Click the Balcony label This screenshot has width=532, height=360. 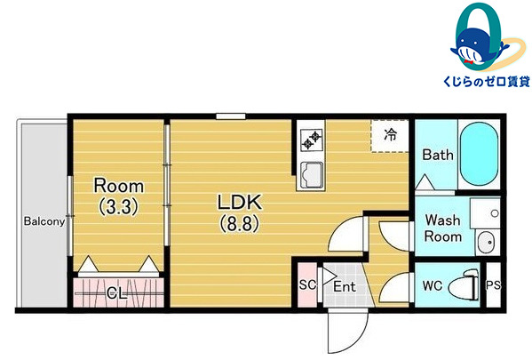(44, 221)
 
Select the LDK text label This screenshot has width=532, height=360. (240, 202)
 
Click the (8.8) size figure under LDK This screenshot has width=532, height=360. (240, 223)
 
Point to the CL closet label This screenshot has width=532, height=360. (117, 292)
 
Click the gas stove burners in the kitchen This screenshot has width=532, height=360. (312, 140)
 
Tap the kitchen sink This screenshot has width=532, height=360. (312, 175)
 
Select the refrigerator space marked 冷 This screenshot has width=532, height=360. (390, 135)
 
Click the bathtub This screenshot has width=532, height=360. (479, 154)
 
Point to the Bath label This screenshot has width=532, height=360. (438, 155)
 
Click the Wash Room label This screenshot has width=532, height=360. (443, 228)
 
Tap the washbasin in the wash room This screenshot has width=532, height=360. (487, 242)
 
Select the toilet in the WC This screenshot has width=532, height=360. (465, 285)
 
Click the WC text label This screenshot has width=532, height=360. (433, 285)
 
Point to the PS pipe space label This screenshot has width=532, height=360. (493, 285)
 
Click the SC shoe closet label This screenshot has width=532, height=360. (307, 284)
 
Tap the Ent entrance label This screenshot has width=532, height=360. (344, 286)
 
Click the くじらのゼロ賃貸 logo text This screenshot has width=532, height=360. (486, 82)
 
